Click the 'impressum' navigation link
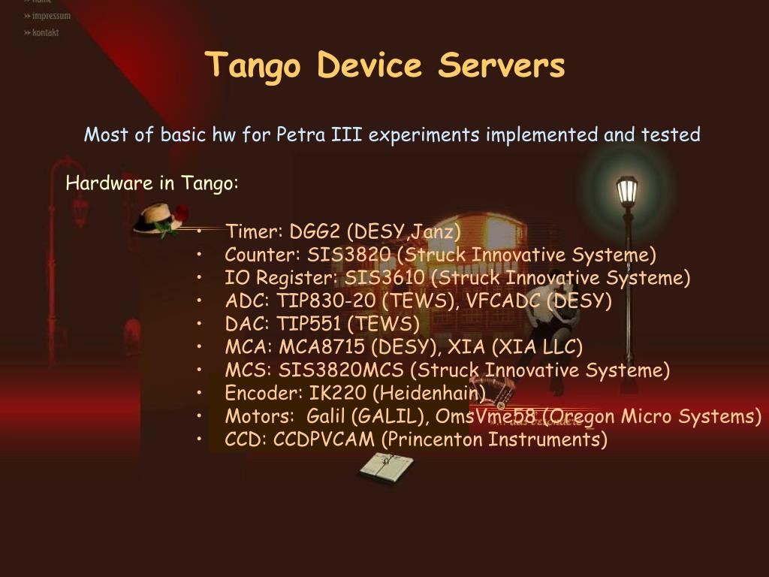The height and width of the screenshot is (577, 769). click(x=51, y=16)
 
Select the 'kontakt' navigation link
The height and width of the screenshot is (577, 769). click(x=45, y=32)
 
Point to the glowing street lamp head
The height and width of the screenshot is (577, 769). click(x=626, y=190)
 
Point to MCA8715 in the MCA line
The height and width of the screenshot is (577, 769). click(x=322, y=347)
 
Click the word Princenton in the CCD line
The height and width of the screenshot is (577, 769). click(x=436, y=440)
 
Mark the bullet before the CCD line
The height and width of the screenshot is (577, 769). click(x=201, y=440)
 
